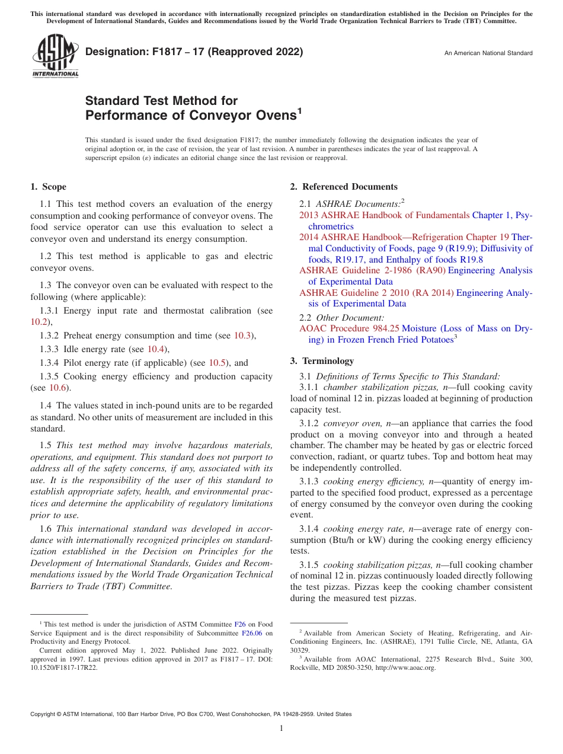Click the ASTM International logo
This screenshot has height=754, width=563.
tap(55, 56)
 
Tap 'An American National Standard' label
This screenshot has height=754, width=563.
tap(488, 53)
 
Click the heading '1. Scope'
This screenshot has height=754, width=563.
tap(49, 187)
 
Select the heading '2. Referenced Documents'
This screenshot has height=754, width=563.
tap(344, 187)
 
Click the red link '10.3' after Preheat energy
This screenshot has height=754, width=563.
tap(242, 336)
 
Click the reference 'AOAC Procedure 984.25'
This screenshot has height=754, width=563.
tap(349, 328)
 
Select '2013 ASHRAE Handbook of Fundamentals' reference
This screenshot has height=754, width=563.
tap(384, 215)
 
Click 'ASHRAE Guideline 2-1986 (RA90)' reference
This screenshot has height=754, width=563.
tap(372, 270)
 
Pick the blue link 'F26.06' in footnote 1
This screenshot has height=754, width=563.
tap(252, 633)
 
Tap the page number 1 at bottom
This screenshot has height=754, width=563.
tap(281, 729)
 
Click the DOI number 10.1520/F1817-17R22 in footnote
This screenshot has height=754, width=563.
tap(64, 667)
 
